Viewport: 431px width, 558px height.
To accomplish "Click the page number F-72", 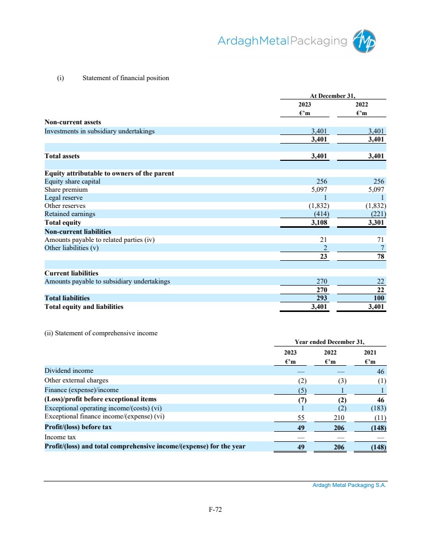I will [x=215, y=510].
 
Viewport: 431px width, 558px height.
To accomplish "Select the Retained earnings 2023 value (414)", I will [x=320, y=214].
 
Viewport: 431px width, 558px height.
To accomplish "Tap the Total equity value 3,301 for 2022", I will [x=376, y=222].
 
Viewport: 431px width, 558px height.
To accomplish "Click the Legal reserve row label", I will [x=63, y=198].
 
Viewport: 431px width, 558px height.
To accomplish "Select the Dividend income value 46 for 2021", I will [x=382, y=371].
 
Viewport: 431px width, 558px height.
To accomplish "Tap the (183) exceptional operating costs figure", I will [x=378, y=408].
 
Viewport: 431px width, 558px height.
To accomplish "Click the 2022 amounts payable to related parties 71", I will [x=381, y=239].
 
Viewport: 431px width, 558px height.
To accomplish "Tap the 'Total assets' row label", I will [x=62, y=156].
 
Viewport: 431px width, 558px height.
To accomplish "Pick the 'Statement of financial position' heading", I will [x=125, y=78].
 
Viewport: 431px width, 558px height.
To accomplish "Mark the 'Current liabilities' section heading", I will [x=72, y=273].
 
